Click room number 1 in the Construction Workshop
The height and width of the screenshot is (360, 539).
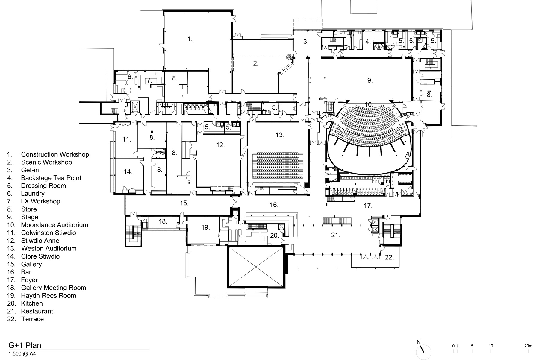click(190, 39)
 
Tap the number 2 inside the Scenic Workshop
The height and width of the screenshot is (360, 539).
click(255, 63)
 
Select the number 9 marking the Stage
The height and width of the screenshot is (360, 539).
click(370, 80)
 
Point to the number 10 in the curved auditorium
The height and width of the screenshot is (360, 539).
click(369, 105)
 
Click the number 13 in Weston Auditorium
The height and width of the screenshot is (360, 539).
click(280, 135)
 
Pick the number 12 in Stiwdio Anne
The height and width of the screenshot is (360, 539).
click(220, 145)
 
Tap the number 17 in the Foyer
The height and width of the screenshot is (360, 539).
click(368, 206)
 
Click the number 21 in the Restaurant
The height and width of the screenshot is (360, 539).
click(336, 235)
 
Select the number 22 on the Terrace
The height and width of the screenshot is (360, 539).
click(389, 257)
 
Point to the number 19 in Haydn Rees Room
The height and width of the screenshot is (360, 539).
click(205, 227)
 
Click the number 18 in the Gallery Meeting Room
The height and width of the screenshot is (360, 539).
click(163, 221)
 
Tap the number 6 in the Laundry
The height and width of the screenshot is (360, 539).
click(130, 77)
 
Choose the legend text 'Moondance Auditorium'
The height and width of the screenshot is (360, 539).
click(54, 225)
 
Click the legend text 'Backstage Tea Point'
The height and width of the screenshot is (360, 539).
click(51, 178)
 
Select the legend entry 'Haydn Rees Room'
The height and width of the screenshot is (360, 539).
click(49, 296)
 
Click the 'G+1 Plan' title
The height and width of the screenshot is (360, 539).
click(25, 345)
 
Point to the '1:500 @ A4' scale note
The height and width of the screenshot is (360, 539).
click(22, 354)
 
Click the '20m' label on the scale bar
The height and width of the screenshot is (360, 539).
click(528, 346)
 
